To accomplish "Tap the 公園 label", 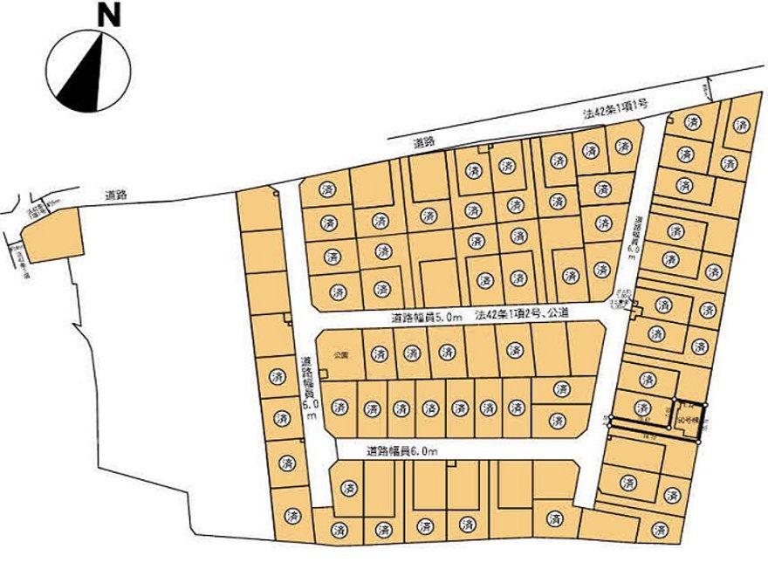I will (340, 355).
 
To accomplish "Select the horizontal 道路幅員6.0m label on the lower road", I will (402, 450).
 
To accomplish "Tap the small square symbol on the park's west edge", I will (323, 374).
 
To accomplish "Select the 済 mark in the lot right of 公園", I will (380, 353).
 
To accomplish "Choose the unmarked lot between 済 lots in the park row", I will (480, 353).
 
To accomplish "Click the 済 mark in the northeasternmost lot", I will (741, 126).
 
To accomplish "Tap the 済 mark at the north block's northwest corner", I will (328, 189).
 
